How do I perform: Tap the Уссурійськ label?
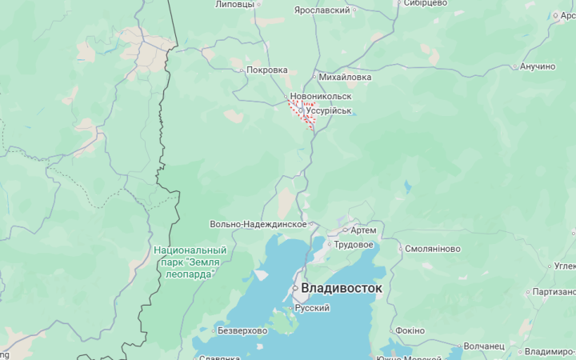pyautogui.click(x=329, y=110)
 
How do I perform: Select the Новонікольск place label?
pyautogui.click(x=321, y=97)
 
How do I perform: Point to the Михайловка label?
pyautogui.click(x=345, y=78)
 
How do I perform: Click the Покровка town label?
pyautogui.click(x=266, y=70)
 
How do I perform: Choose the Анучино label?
pyautogui.click(x=537, y=66)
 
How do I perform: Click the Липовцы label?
pyautogui.click(x=234, y=4)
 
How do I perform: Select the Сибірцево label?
pyautogui.click(x=425, y=3)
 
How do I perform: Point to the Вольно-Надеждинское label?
pyautogui.click(x=258, y=225)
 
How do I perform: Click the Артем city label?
pyautogui.click(x=363, y=230)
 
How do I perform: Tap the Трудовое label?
pyautogui.click(x=354, y=244)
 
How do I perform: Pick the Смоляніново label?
pyautogui.click(x=433, y=249)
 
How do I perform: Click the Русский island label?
pyautogui.click(x=312, y=307)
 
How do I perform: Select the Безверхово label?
pyautogui.click(x=242, y=330)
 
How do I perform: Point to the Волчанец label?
pyautogui.click(x=484, y=346)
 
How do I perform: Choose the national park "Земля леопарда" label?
pyautogui.click(x=190, y=262)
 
